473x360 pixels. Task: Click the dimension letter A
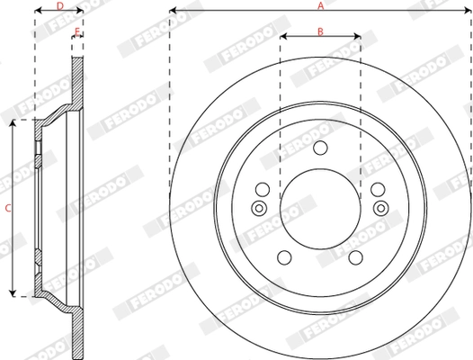320,6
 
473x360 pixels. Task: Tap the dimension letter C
8,208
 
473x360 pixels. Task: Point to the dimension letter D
59,6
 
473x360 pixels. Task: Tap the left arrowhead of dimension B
282,38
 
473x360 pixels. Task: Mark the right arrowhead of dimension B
358,38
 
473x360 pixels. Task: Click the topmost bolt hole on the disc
321,148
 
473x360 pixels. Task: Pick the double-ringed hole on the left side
260,210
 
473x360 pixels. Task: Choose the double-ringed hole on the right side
380,210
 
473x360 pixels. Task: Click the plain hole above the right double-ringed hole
379,191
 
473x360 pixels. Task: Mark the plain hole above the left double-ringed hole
262,191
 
